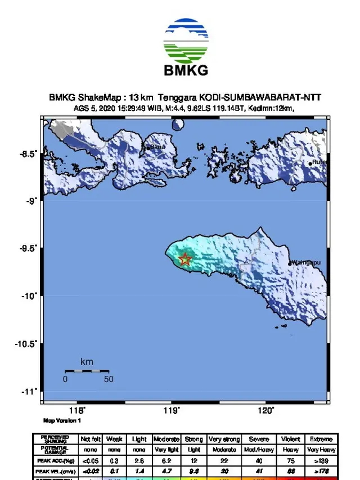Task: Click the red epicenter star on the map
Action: [185, 259]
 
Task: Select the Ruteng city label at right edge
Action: [319, 163]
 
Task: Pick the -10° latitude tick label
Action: [31, 296]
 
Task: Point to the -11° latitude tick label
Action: [31, 391]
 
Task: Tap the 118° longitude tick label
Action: [77, 411]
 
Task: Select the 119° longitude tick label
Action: [172, 411]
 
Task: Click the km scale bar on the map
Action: [87, 371]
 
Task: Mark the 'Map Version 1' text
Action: [62, 420]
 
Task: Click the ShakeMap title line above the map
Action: [185, 98]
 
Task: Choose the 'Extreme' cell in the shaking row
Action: [321, 439]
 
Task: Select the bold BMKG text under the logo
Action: [186, 71]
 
